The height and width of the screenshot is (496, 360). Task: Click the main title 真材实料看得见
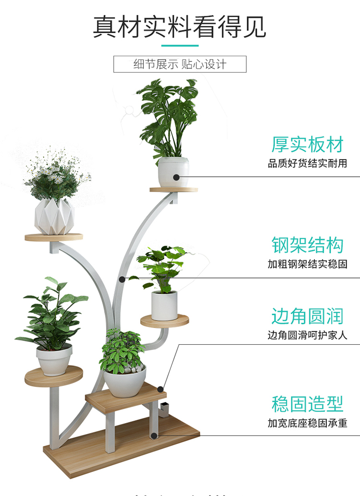tap(180, 26)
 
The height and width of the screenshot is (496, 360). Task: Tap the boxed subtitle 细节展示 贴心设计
tap(180, 64)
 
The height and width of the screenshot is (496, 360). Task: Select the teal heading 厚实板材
tap(308, 144)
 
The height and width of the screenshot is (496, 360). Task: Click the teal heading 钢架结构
tap(308, 245)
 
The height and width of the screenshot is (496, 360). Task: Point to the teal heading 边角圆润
tap(308, 316)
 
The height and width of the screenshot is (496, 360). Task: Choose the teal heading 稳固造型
tap(308, 404)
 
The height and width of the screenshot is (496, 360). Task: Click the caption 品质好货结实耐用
tap(308, 164)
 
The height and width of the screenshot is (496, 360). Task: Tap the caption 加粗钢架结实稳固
tap(308, 264)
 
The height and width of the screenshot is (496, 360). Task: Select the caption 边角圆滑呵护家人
tap(308, 336)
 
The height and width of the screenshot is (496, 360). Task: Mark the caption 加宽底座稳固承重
tap(308, 423)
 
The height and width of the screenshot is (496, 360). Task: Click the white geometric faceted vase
tap(54, 217)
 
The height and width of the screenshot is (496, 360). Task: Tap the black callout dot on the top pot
tap(177, 177)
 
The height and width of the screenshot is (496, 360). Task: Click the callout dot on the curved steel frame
tap(122, 278)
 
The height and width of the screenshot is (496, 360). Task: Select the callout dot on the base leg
tap(154, 436)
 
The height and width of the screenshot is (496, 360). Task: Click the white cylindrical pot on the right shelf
tap(164, 305)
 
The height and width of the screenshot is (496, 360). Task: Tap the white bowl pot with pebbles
tap(125, 381)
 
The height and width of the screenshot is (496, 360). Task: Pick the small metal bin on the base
tap(164, 411)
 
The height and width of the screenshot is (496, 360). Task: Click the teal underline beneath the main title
tap(180, 46)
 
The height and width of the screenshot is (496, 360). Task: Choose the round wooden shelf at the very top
tap(174, 189)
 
